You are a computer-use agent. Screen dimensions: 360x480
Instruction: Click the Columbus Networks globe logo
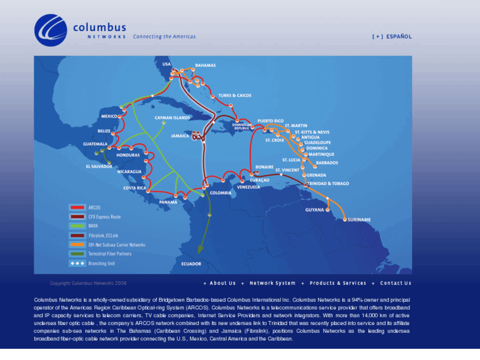coord(51,30)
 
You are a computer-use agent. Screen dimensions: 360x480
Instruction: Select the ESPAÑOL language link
coord(399,37)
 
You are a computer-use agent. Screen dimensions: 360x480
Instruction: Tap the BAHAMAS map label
coord(205,65)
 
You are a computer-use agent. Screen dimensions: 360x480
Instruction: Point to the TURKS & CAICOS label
coord(234,95)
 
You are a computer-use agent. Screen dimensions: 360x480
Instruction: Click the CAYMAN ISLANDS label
coord(172,118)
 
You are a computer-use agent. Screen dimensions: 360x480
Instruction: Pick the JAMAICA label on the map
coord(180,135)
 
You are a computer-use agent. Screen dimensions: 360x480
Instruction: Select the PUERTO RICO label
coord(270,121)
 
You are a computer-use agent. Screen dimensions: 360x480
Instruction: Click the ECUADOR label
coord(191,264)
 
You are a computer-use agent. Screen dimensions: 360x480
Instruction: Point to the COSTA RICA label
coord(135,188)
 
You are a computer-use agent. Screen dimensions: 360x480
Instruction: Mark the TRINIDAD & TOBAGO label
coord(328,183)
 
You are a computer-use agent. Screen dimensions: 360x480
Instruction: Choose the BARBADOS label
coord(327,162)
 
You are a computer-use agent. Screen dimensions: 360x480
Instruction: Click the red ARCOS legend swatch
coord(77,207)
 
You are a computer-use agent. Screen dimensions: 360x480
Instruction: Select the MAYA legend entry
coord(93,226)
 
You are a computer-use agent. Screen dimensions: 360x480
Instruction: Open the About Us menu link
coord(223,283)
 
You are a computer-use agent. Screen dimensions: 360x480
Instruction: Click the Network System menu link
coord(272,283)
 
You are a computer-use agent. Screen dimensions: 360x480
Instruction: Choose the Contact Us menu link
coord(395,283)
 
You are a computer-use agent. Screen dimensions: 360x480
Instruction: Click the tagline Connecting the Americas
coord(165,37)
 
